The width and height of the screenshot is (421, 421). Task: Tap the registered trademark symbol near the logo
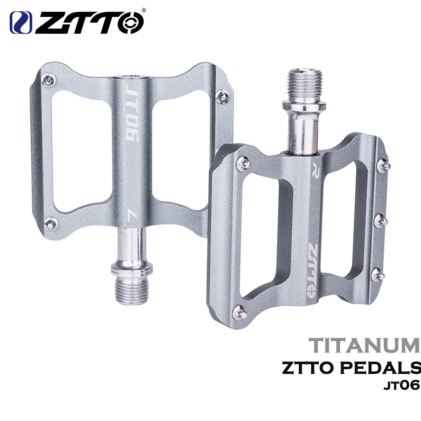[144, 10]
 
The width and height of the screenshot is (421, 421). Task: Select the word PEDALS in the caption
[381, 368]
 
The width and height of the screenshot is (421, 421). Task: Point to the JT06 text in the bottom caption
[402, 386]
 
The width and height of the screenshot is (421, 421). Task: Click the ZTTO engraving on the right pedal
[313, 271]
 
